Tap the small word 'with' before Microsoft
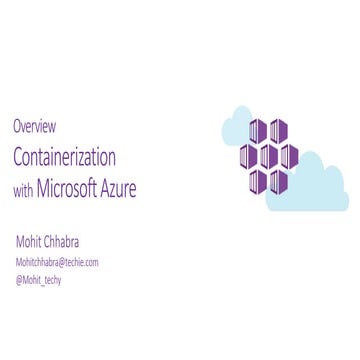tap(23, 188)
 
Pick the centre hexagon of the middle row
tap(269, 157)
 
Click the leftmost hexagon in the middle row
tap(248, 157)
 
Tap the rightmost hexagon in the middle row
tap(290, 157)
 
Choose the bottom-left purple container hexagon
tap(259, 181)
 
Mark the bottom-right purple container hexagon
tap(280, 181)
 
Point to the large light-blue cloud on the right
tap(315, 178)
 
